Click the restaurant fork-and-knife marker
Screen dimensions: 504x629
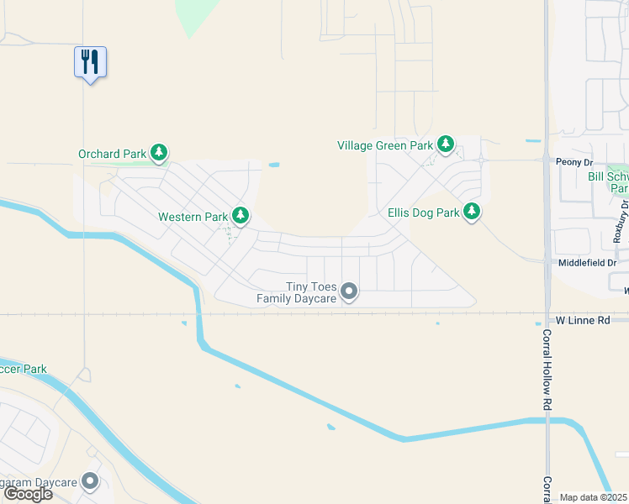[x=90, y=61]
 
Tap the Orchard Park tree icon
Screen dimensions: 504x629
[x=159, y=153]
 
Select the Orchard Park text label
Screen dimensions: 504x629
[x=113, y=154]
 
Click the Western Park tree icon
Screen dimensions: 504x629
[x=240, y=216]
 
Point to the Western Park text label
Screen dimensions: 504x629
[x=193, y=217]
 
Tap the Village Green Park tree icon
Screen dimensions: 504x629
[x=446, y=144]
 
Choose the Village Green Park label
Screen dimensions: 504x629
[x=385, y=145]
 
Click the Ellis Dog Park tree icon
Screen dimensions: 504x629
[x=473, y=212]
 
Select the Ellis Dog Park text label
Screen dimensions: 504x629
[x=424, y=213]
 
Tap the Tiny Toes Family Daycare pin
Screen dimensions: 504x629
[x=350, y=291]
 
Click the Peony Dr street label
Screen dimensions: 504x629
[x=574, y=160]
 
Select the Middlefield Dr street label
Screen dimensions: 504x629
[x=588, y=263]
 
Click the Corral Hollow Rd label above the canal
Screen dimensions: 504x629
[x=546, y=370]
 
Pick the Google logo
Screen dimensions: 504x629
[x=28, y=494]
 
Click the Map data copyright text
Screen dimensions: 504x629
[x=594, y=497]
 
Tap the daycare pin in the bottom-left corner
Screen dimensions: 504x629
[x=90, y=482]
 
